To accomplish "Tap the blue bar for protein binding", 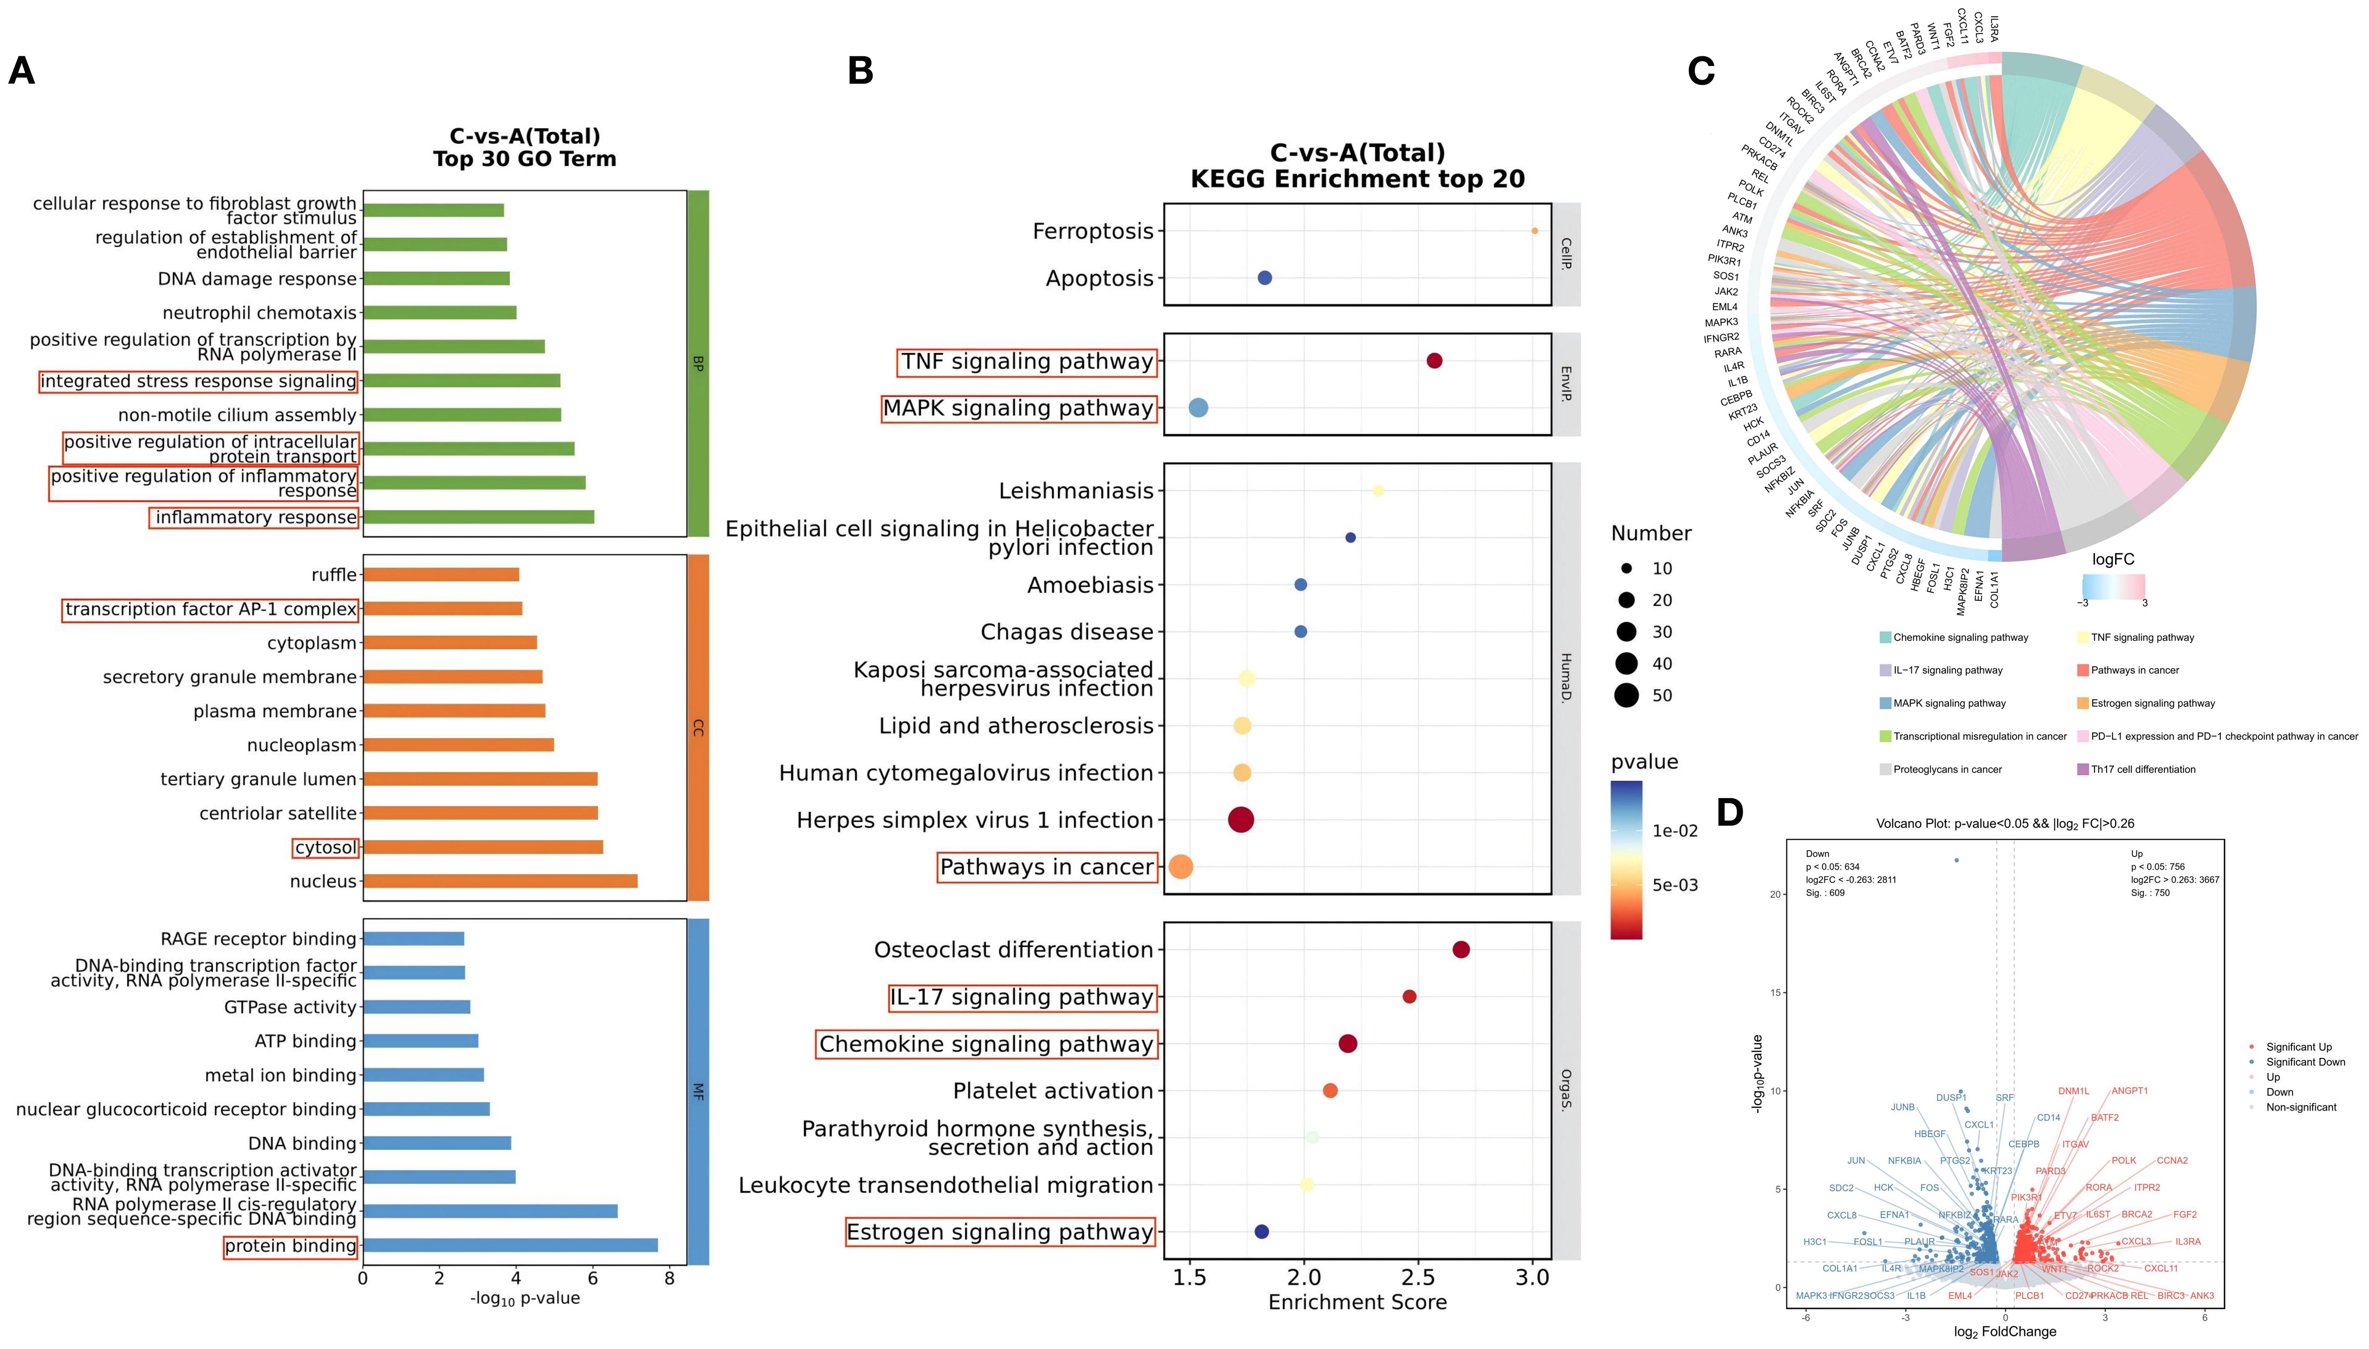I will pyautogui.click(x=510, y=1245).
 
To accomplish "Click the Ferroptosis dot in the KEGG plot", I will pyautogui.click(x=1534, y=231).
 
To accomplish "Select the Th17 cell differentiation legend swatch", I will pyautogui.click(x=2083, y=769).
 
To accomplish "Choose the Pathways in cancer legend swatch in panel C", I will pyautogui.click(x=2083, y=670).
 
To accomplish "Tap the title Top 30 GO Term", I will pyautogui.click(x=524, y=159).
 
